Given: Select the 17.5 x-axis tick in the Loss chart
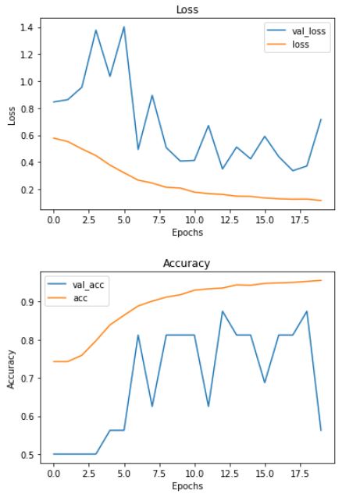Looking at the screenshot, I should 300,221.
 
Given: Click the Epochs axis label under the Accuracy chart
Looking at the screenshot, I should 187,485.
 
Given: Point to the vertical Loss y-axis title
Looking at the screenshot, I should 11,115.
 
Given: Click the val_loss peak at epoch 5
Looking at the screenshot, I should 123,27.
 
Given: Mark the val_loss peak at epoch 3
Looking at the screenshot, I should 95,30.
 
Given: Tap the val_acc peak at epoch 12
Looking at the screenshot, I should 223,311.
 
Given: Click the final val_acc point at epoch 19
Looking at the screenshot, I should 321,430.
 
